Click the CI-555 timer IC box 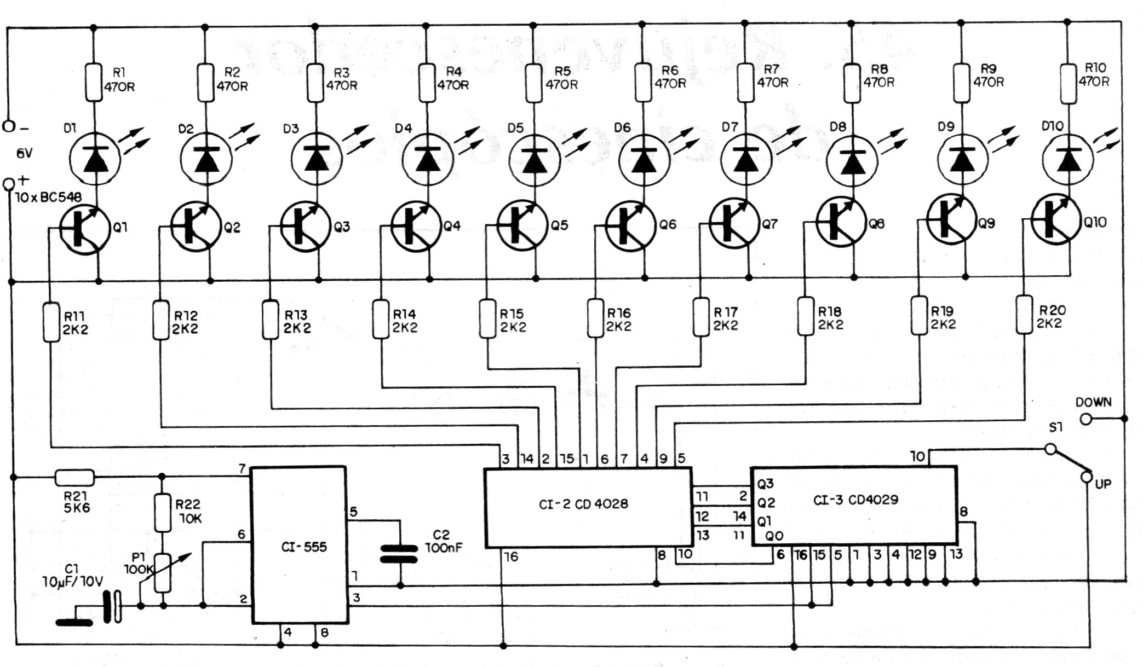[299, 545]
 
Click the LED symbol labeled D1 [95, 158]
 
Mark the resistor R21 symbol [74, 478]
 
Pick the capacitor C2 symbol [400, 553]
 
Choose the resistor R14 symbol [381, 318]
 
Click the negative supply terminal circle [9, 126]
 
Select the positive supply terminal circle [9, 184]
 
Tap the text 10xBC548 [49, 197]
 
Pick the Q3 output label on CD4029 [765, 484]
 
